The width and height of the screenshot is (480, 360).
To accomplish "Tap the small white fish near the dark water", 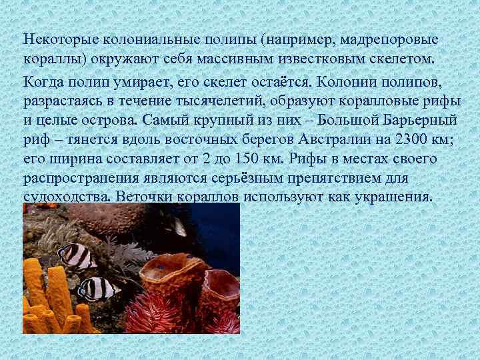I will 179,229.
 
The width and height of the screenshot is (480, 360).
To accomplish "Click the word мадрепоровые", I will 386,39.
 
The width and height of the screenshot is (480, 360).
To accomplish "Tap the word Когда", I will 41,82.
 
